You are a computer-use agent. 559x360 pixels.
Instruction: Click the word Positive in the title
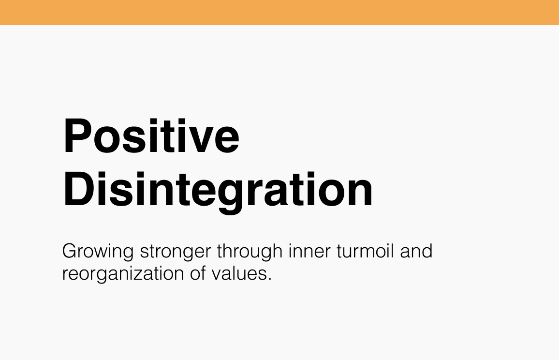[151, 136]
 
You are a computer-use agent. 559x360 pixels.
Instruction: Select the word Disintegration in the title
[218, 190]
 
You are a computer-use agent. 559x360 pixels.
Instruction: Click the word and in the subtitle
[416, 252]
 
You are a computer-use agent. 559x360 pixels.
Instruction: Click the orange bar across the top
[279, 12]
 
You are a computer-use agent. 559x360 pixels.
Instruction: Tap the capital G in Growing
[70, 252]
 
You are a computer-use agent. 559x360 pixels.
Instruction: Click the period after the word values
[269, 279]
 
